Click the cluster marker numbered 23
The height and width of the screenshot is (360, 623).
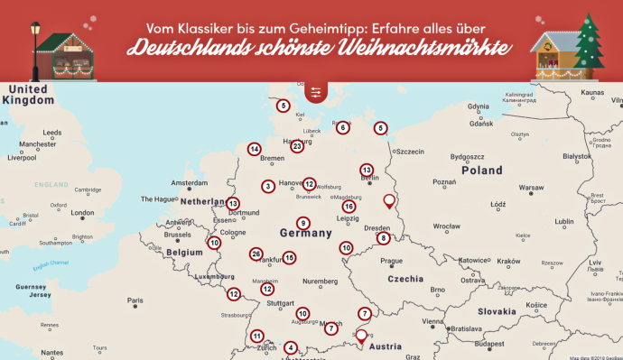pos(296,146)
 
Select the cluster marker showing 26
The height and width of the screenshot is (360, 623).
pos(256,254)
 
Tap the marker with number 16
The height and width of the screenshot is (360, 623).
pos(348,207)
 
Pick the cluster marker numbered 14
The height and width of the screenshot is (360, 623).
pos(255,149)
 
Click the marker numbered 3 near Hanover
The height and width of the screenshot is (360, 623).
pos(268,187)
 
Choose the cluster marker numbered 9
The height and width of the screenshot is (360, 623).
pos(303,223)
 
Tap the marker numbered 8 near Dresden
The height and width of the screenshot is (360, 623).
pos(384,238)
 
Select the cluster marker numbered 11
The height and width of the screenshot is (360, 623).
pos(256,335)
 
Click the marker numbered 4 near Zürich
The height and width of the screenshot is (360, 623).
pos(290,347)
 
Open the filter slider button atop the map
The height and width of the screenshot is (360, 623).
pos(315,92)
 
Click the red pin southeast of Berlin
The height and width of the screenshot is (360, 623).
pos(390,201)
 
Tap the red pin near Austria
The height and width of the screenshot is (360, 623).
pos(361,337)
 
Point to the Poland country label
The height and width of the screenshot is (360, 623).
pos(481,171)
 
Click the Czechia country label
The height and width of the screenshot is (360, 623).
pos(405,279)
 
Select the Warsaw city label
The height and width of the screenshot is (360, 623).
pos(531,188)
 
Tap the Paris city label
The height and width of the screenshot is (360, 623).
pos(135,300)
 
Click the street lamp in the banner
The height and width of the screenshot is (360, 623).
pos(36,41)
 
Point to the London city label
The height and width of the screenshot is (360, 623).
pos(82,213)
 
